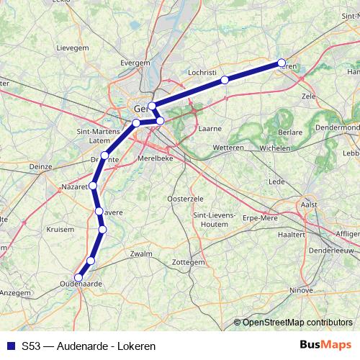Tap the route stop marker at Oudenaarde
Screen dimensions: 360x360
pos(78,277)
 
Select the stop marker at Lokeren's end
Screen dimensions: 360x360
pos(282,63)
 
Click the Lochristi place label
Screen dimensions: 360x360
pos(202,73)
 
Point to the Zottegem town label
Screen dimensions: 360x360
pos(189,263)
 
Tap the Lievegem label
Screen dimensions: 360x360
pos(72,48)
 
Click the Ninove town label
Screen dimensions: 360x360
pos(302,290)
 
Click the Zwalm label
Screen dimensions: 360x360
pos(141,254)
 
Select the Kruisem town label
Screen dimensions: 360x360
pos(60,229)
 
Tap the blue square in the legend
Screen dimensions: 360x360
pos(10,346)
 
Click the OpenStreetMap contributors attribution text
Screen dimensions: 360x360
pos(297,323)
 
